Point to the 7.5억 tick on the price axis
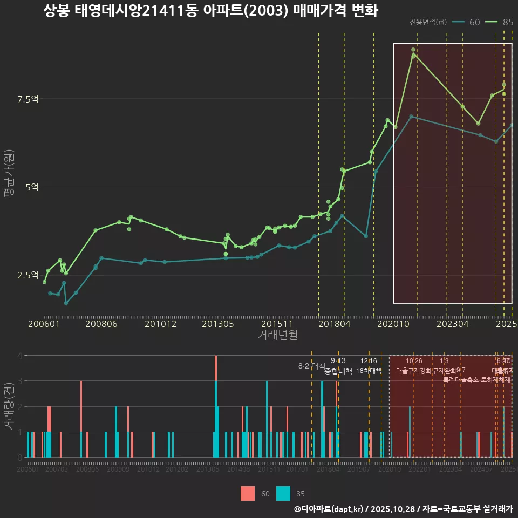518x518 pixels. pos(28,99)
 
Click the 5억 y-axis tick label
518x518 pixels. pos(31,187)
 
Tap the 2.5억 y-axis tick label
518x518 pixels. pos(28,275)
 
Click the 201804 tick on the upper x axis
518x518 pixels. pos(334,324)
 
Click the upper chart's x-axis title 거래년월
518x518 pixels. pos(277,335)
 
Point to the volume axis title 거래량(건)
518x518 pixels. pos(9,406)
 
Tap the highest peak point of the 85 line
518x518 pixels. pos(413,50)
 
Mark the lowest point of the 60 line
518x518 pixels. pos(66,303)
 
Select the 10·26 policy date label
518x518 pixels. pos(414,361)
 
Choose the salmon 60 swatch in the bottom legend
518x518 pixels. pos(248,493)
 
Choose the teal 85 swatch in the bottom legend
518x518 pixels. pos(283,493)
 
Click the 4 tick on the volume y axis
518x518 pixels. pos(19,356)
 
